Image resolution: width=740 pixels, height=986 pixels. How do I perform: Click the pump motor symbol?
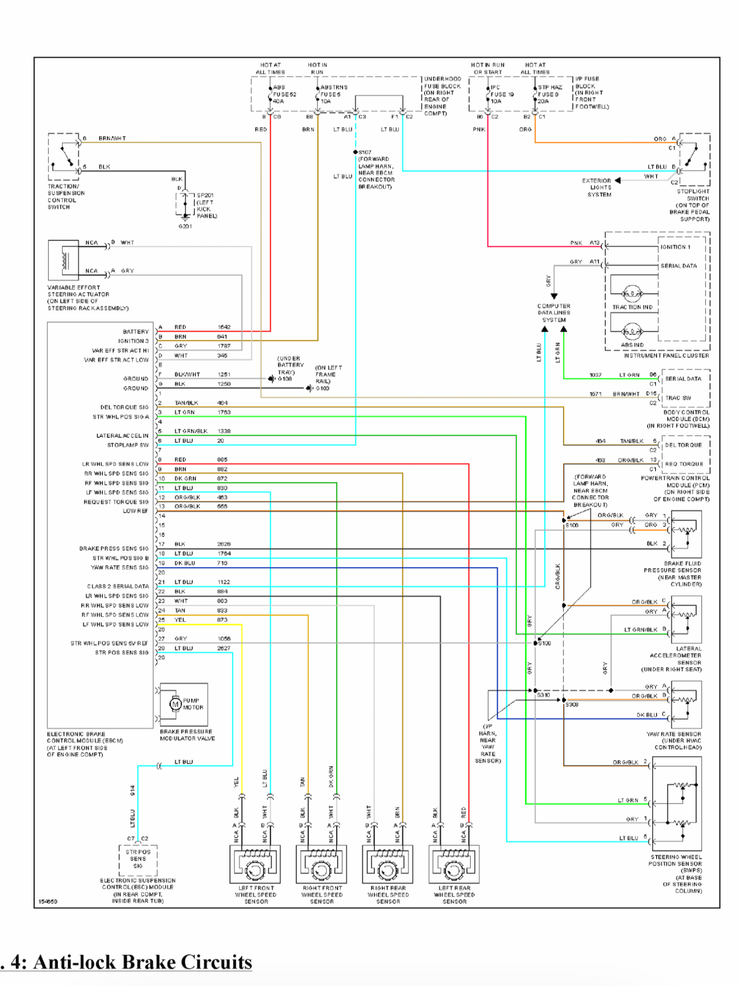pyautogui.click(x=175, y=704)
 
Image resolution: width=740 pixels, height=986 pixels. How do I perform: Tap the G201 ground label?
pyautogui.click(x=185, y=226)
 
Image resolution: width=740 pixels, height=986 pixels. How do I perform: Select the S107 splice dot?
pyautogui.click(x=355, y=152)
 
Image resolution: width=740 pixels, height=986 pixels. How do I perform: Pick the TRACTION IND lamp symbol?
pyautogui.click(x=632, y=294)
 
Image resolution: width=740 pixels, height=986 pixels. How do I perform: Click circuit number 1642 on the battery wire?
pyautogui.click(x=224, y=327)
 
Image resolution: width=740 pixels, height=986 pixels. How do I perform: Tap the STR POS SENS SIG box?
pyautogui.click(x=138, y=859)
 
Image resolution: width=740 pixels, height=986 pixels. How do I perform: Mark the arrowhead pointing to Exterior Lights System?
pyautogui.click(x=618, y=180)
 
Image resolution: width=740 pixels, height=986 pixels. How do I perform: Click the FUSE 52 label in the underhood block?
pyautogui.click(x=285, y=94)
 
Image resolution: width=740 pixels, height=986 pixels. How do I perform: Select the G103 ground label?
pyautogui.click(x=323, y=388)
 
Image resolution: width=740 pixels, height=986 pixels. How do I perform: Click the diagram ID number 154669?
pyautogui.click(x=48, y=901)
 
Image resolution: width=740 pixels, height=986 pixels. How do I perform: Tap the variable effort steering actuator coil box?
pyautogui.click(x=63, y=260)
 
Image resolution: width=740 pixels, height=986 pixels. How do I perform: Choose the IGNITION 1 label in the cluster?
pyautogui.click(x=675, y=247)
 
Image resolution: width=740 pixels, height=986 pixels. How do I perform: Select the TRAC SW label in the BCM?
pyautogui.click(x=678, y=398)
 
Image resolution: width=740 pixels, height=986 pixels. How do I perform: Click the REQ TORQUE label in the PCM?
pyautogui.click(x=684, y=464)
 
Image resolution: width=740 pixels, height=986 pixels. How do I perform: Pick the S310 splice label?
pyautogui.click(x=543, y=695)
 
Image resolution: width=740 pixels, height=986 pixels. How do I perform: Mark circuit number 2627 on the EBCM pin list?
pyautogui.click(x=223, y=648)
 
